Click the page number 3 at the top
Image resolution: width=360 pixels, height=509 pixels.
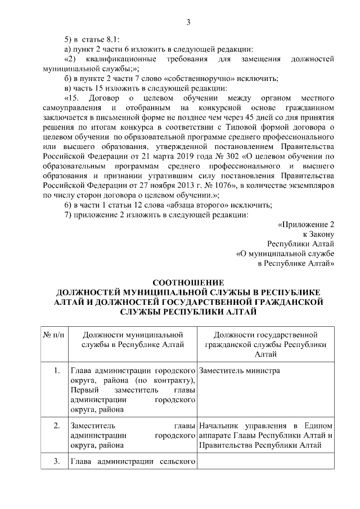click(x=188, y=22)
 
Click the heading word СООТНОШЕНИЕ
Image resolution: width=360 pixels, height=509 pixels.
click(x=188, y=282)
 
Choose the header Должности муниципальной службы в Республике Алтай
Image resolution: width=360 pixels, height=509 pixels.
click(x=133, y=340)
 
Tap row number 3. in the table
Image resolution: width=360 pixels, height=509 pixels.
click(x=57, y=462)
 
